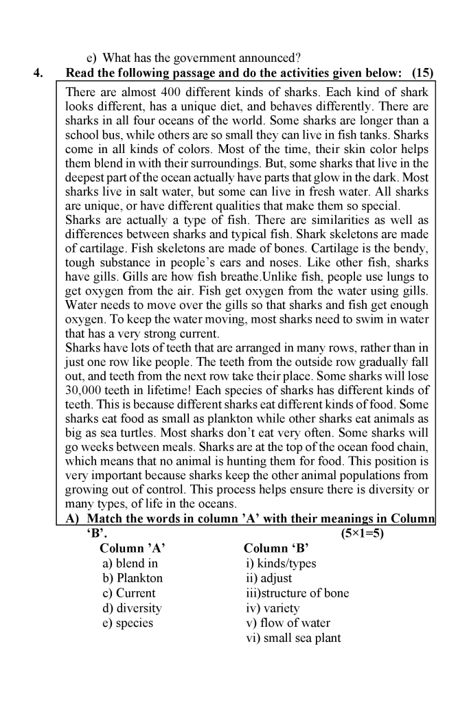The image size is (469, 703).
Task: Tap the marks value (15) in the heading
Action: (422, 73)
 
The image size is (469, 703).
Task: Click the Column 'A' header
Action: (133, 549)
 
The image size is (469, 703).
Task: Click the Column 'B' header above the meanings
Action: (277, 549)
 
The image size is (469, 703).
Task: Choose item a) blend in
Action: (130, 564)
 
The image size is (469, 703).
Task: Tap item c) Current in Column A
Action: (128, 593)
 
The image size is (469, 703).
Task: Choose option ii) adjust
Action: (269, 578)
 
